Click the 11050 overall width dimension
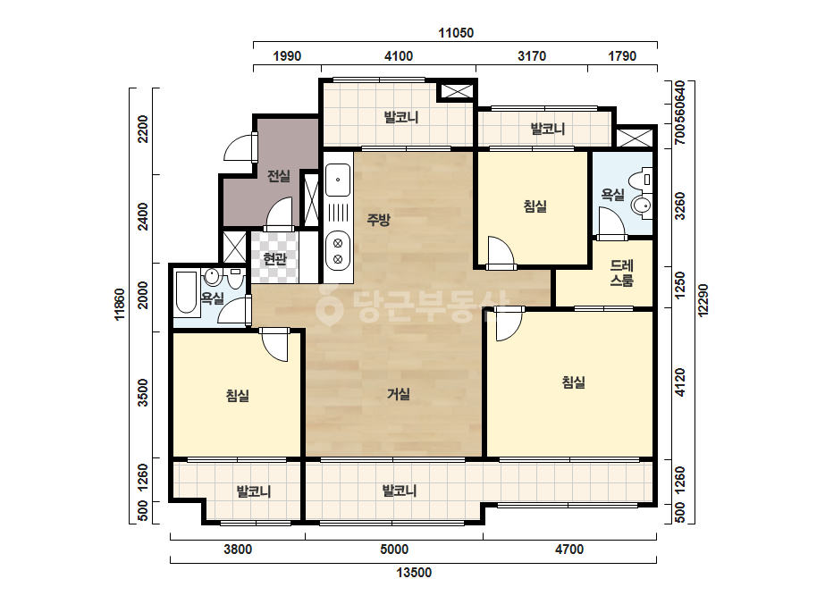[456, 33]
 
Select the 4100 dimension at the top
[399, 56]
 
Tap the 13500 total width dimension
[414, 573]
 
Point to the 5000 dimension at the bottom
[394, 549]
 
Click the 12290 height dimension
[703, 300]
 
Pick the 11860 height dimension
[120, 304]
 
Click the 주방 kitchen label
[378, 220]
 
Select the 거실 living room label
[399, 393]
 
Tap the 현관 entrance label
[274, 259]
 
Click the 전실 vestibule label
[278, 176]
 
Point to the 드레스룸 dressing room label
[621, 273]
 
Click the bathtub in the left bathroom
[186, 292]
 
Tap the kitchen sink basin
[338, 180]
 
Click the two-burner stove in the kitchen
[338, 251]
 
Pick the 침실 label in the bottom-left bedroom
[237, 396]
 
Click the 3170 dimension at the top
[532, 56]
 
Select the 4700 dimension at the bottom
[569, 549]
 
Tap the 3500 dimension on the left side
[143, 392]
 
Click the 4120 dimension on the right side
[680, 382]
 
